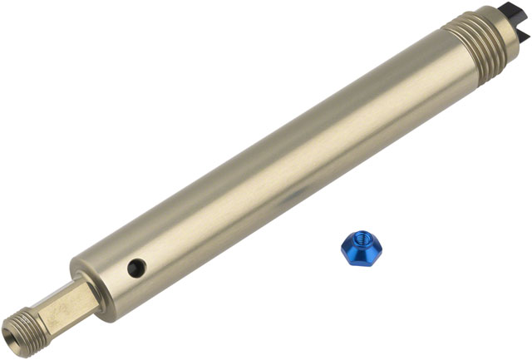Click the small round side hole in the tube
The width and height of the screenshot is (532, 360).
coord(136,268)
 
